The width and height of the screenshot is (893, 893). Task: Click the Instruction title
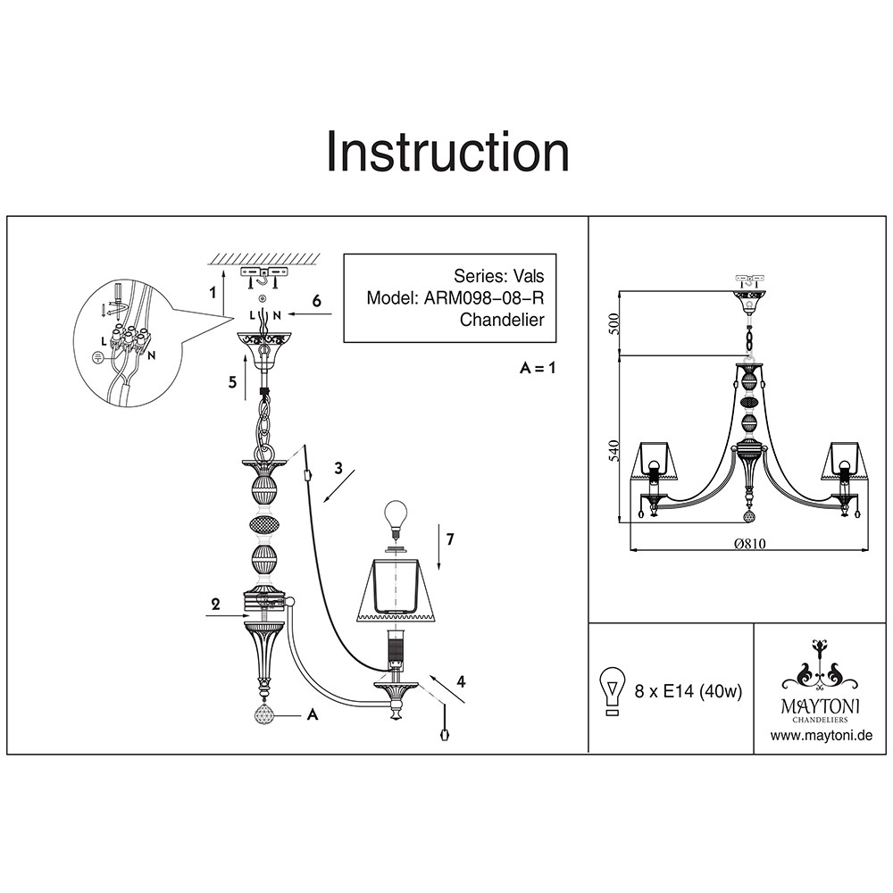[447, 152]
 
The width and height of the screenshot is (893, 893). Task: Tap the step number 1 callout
[213, 293]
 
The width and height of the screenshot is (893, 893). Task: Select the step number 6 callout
[317, 300]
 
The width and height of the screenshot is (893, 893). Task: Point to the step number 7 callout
[450, 538]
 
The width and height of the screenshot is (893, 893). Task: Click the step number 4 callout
[462, 681]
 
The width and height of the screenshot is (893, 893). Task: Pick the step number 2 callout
[215, 605]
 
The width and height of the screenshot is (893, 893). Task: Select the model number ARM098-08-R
[484, 298]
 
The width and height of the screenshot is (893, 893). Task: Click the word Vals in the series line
[529, 276]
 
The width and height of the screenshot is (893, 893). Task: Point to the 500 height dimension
[614, 323]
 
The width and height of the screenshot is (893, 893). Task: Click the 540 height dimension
[614, 452]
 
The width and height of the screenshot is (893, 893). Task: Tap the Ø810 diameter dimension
[750, 544]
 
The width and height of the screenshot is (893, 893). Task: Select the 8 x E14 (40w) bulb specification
[689, 691]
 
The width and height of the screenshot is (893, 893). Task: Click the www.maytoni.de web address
[822, 736]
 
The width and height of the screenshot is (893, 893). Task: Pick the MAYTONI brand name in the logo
[820, 706]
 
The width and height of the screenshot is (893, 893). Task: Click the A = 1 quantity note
[537, 368]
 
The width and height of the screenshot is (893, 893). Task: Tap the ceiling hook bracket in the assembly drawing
[262, 278]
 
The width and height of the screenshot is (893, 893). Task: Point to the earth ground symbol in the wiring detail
[97, 357]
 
